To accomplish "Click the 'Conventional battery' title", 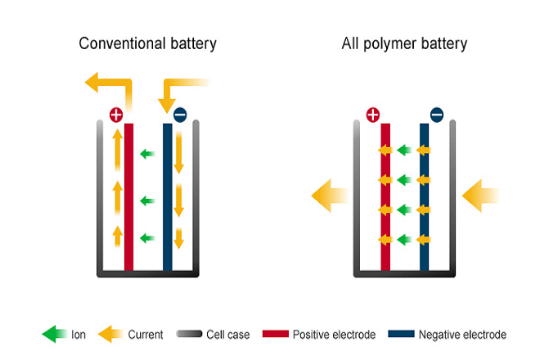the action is tap(147, 43).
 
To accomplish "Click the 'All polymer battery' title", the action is tap(404, 43).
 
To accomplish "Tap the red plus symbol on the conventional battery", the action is tap(116, 115).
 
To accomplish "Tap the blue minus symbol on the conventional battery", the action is tap(180, 115).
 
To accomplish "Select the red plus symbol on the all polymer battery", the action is tap(373, 115).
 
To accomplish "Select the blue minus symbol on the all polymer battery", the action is tap(437, 115).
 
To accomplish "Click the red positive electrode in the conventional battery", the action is tap(128, 197).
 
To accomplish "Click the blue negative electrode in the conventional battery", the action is tap(168, 197).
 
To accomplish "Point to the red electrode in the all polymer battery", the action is tap(385, 197).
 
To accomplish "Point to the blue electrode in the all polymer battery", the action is tap(425, 197).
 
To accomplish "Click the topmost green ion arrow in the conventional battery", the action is tap(148, 154).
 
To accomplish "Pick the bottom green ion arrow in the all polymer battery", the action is tap(404, 240).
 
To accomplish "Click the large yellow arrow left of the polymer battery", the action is tap(330, 196).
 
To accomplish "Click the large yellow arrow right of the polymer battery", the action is tap(480, 196).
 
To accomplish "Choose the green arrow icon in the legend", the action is tap(54, 334).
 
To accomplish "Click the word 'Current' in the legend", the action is tap(146, 335).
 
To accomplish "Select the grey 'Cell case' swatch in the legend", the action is tap(189, 334).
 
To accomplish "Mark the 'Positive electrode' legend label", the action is tap(334, 335).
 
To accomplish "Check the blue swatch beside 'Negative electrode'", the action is tap(401, 334).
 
